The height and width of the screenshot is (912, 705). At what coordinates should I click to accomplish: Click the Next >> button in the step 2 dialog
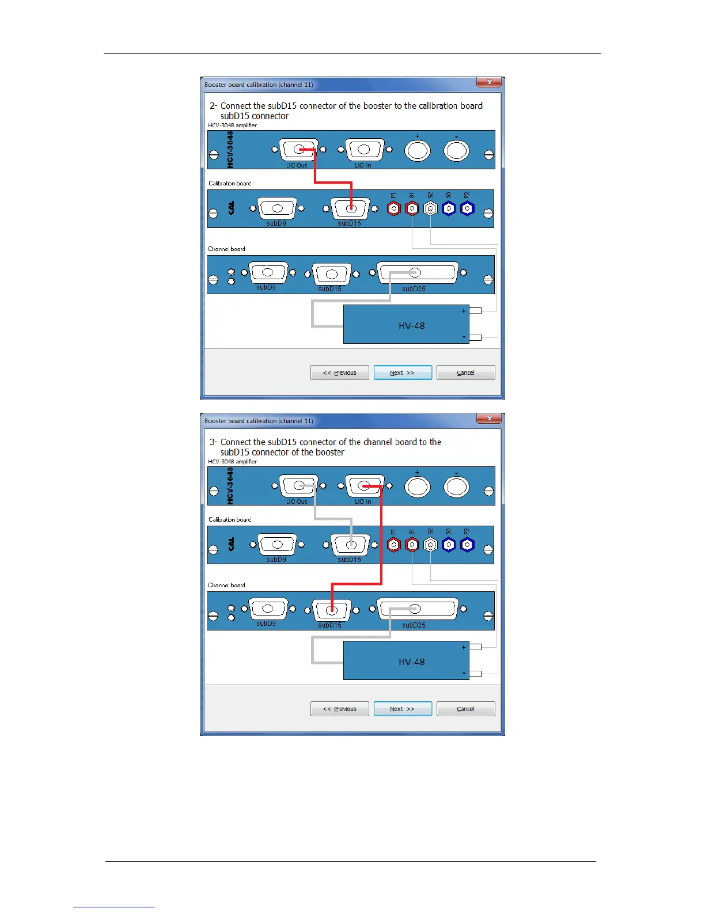(x=403, y=373)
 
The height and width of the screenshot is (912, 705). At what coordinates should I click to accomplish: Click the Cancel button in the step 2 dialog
(x=465, y=373)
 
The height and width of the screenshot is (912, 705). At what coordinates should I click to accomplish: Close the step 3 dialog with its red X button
(x=490, y=419)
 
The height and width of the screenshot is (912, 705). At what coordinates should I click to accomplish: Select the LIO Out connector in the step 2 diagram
(x=298, y=150)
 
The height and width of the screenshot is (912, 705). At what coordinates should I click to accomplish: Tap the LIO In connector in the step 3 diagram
(x=364, y=487)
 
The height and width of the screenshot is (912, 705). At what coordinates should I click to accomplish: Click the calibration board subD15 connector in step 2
(x=350, y=208)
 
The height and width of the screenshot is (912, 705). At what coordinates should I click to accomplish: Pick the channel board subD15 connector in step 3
(x=331, y=610)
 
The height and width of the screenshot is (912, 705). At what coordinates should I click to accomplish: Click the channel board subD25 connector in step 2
(x=416, y=272)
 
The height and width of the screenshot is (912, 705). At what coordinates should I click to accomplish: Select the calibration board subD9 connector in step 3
(x=277, y=544)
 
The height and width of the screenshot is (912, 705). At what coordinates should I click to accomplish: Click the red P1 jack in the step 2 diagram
(x=393, y=208)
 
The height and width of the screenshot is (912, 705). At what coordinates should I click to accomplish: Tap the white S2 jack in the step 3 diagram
(x=430, y=545)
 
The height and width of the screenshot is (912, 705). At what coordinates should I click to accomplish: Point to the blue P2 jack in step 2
(x=467, y=208)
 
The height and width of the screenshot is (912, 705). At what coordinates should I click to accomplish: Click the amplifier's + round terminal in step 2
(x=418, y=151)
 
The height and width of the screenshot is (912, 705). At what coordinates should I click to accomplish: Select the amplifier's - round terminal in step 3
(x=456, y=487)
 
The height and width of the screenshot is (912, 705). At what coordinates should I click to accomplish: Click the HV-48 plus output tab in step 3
(x=475, y=647)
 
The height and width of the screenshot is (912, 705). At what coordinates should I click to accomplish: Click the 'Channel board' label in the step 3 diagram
(x=226, y=585)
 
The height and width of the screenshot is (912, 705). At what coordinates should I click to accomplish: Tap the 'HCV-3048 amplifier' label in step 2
(x=232, y=125)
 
